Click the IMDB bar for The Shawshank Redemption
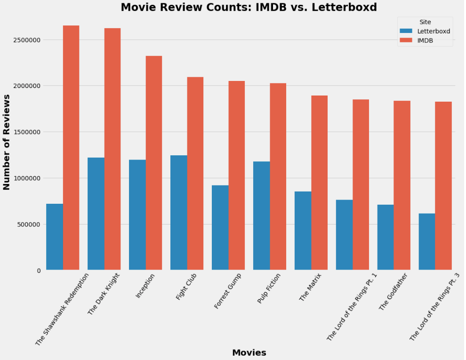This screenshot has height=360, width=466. tap(71, 148)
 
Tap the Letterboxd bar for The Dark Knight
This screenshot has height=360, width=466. tap(96, 214)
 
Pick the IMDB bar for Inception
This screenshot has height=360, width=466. tap(154, 163)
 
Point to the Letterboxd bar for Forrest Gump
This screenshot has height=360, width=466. tap(220, 228)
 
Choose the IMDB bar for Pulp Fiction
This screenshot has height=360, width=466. tap(278, 176)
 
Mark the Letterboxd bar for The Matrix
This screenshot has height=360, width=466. tap(303, 231)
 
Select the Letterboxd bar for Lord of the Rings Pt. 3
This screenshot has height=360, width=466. tap(426, 242)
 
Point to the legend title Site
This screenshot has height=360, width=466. tap(425, 22)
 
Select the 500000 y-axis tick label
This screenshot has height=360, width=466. tap(26, 224)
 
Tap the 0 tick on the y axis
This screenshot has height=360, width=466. tap(38, 271)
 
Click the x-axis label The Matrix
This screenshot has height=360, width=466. tap(311, 287)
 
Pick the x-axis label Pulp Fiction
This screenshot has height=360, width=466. tap(269, 288)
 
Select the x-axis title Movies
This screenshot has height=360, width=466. tap(249, 352)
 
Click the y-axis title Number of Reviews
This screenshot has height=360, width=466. tap(7, 142)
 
